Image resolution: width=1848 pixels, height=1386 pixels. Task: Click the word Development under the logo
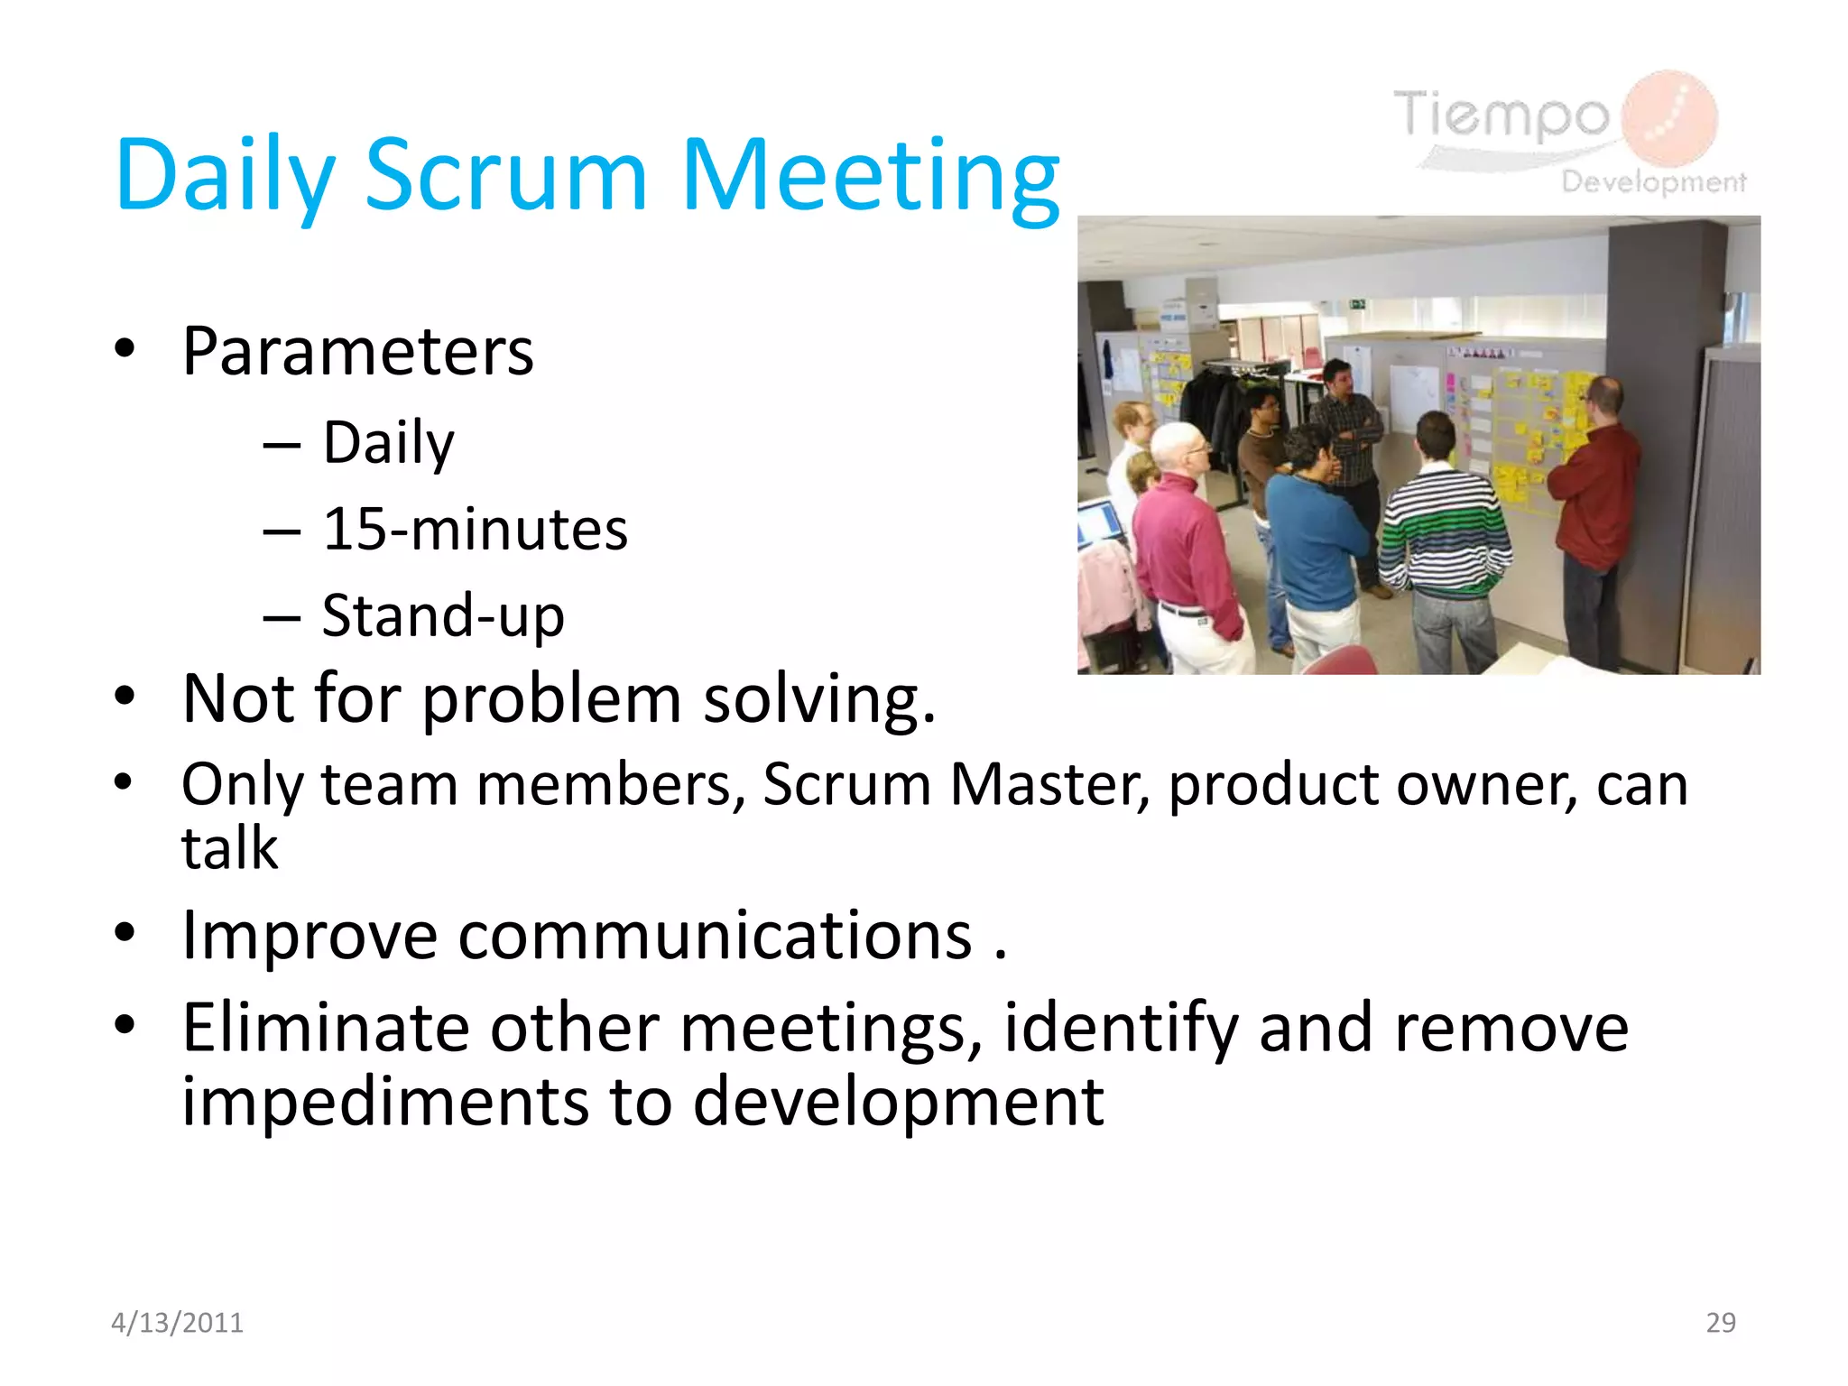pyautogui.click(x=1653, y=181)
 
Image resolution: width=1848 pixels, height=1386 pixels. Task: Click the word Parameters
pyautogui.click(x=357, y=351)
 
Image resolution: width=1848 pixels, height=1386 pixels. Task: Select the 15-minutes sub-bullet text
pyautogui.click(x=475, y=529)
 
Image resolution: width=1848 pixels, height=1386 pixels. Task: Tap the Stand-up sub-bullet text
pyautogui.click(x=443, y=615)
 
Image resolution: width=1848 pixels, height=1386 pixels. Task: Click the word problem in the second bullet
pyautogui.click(x=551, y=698)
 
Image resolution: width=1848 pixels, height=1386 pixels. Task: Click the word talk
pyautogui.click(x=229, y=848)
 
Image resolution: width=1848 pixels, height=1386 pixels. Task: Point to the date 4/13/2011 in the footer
pyautogui.click(x=177, y=1322)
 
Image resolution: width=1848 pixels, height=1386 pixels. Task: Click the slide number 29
pyautogui.click(x=1720, y=1322)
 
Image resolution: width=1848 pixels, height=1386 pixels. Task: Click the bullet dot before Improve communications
pyautogui.click(x=125, y=933)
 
